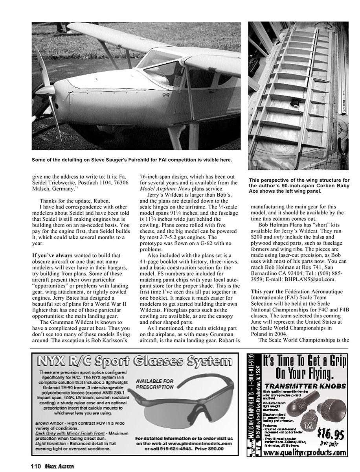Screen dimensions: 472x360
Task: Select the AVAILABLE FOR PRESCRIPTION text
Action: [x=154, y=384]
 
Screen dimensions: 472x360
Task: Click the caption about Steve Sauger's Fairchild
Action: [x=132, y=160]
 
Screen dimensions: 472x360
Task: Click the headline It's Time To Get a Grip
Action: [x=304, y=366]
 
